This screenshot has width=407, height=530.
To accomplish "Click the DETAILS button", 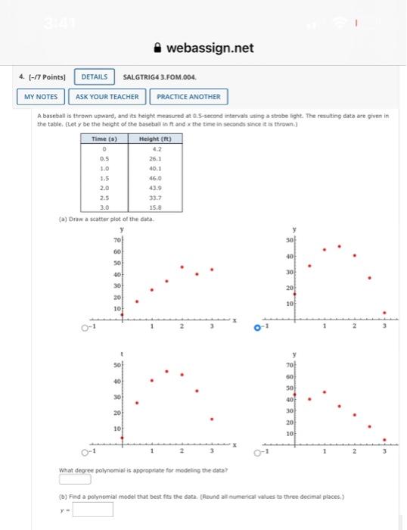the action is pyautogui.click(x=93, y=77).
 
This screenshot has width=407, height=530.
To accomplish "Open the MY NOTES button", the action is pyautogui.click(x=41, y=97).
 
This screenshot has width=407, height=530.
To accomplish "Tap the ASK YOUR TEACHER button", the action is pyautogui.click(x=108, y=97).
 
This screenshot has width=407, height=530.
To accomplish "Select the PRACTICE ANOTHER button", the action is pyautogui.click(x=188, y=97).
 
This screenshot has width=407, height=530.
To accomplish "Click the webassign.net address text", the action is pyautogui.click(x=210, y=48).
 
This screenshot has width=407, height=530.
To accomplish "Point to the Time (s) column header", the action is pyautogui.click(x=104, y=140).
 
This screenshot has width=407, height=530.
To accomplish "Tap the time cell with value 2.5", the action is pyautogui.click(x=104, y=196).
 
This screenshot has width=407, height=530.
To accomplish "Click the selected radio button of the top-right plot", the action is pyautogui.click(x=257, y=328).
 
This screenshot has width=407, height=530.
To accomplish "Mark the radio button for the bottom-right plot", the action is pyautogui.click(x=257, y=453).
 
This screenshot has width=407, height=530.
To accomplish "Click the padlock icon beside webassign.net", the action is pyautogui.click(x=157, y=48).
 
